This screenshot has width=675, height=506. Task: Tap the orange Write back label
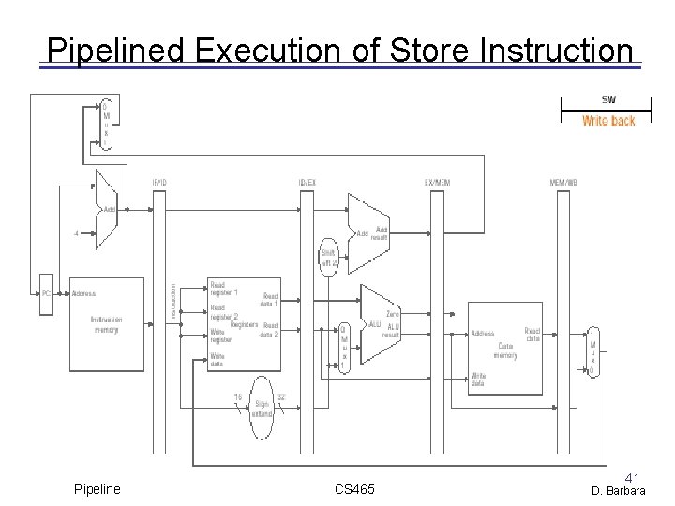tap(608, 121)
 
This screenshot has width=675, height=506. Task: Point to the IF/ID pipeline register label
tap(160, 182)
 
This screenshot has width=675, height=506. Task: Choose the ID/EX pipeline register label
tap(306, 182)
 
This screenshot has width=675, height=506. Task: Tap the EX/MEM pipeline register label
tap(437, 182)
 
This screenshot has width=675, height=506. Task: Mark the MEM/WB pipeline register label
tap(563, 182)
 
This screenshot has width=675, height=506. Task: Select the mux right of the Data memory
tap(591, 352)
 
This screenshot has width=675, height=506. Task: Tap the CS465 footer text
tap(354, 489)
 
